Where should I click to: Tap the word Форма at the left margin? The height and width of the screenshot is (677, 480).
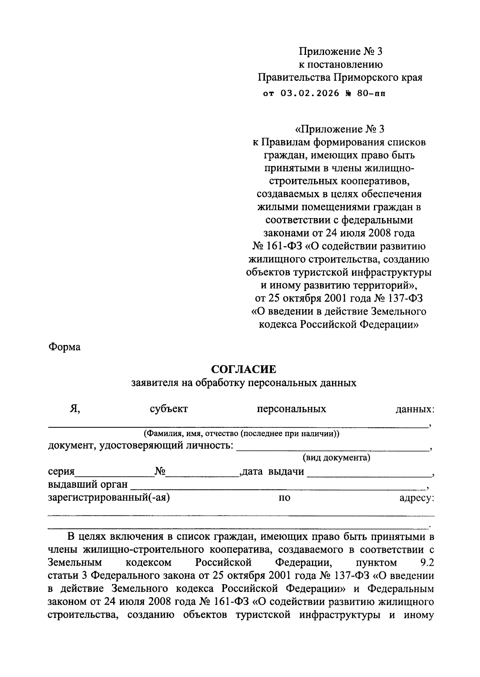(x=64, y=347)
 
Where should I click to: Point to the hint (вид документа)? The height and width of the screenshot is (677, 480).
(x=336, y=457)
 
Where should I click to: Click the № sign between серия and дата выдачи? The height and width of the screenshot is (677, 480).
(x=160, y=472)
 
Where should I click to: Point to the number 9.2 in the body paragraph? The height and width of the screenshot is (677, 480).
(x=427, y=563)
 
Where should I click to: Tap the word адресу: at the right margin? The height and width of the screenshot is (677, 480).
(x=417, y=499)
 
